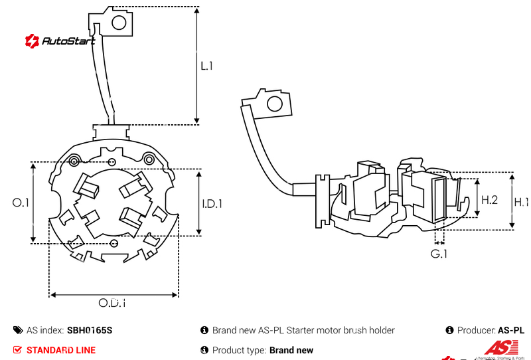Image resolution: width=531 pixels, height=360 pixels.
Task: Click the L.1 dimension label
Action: [x=206, y=66]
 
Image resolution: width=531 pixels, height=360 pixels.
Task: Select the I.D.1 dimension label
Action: [x=212, y=203]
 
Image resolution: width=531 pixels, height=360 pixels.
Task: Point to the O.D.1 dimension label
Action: [x=112, y=303]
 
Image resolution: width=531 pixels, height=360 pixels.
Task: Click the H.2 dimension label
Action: [x=489, y=199]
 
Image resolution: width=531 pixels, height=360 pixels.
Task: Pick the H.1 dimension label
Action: [x=521, y=202]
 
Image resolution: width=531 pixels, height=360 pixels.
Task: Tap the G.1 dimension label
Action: [x=439, y=254]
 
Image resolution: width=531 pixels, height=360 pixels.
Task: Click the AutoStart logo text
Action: [x=68, y=41]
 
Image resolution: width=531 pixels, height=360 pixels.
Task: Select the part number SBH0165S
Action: [x=90, y=330]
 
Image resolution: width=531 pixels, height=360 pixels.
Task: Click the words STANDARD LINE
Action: [x=61, y=350]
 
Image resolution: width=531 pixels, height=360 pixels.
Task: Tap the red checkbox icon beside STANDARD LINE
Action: [x=17, y=350]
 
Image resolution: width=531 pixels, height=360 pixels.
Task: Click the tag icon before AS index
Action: [x=17, y=330]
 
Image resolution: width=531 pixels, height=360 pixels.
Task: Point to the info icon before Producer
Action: [x=449, y=330]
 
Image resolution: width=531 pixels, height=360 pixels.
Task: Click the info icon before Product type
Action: [x=204, y=350]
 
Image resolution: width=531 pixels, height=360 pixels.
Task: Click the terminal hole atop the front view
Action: [x=119, y=23]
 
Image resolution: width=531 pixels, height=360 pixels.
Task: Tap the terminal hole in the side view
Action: [x=273, y=104]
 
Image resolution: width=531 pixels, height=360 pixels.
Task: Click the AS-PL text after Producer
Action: [x=511, y=330]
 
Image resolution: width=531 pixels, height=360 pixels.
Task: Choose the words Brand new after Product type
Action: [x=291, y=350]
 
